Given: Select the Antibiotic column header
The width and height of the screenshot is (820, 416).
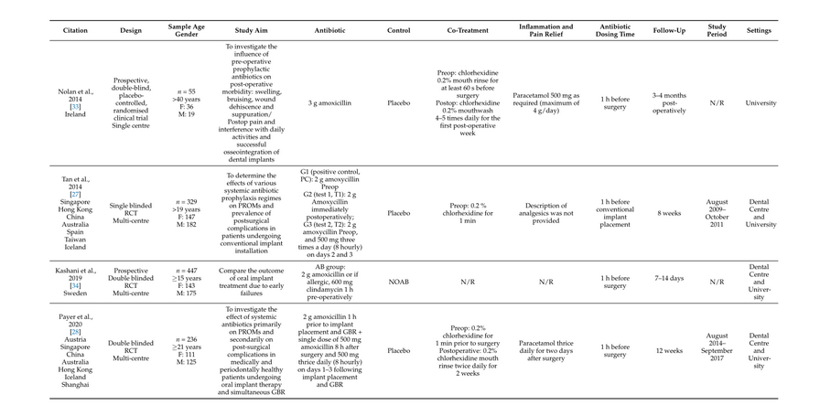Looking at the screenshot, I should coord(329,30).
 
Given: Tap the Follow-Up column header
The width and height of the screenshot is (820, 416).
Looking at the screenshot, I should coord(669,30).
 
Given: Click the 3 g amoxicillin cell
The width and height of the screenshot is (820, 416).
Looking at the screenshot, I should coord(329,103).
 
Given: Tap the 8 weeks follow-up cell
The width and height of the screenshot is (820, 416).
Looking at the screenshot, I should coord(669,212).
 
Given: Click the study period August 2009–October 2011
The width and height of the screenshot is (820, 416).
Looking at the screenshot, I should coord(717,212).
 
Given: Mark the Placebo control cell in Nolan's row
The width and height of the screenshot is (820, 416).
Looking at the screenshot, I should coord(399,103).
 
